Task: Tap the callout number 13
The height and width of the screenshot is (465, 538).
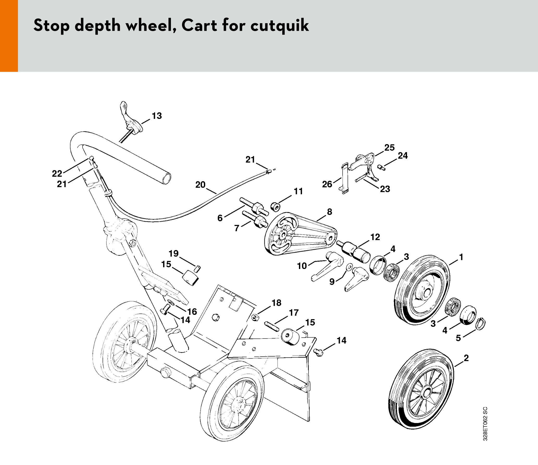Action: [x=157, y=116]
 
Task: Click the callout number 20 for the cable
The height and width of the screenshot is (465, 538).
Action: [x=201, y=185]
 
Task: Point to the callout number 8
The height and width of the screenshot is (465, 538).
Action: [x=329, y=212]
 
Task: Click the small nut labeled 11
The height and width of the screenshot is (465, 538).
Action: [x=275, y=207]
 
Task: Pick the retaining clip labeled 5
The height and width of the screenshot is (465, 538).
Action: [x=480, y=324]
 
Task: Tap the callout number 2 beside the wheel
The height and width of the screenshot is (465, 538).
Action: [x=466, y=358]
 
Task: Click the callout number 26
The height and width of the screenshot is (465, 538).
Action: [x=327, y=184]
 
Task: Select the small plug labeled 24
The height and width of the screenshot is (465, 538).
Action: [x=381, y=167]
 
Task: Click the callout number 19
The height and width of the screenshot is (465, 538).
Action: [x=174, y=253]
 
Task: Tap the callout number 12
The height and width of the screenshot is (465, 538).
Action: [x=375, y=237]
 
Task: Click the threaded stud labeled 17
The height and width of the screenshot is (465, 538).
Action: [x=272, y=326]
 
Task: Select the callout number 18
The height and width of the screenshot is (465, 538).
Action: [x=277, y=303]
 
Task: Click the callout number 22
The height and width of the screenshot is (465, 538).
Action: [x=57, y=173]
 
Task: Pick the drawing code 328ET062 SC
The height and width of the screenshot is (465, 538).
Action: [x=485, y=424]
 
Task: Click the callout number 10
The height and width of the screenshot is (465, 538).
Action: [x=302, y=266]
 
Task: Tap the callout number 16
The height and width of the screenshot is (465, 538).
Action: [x=192, y=311]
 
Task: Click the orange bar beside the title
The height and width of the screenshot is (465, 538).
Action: [x=9, y=36]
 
